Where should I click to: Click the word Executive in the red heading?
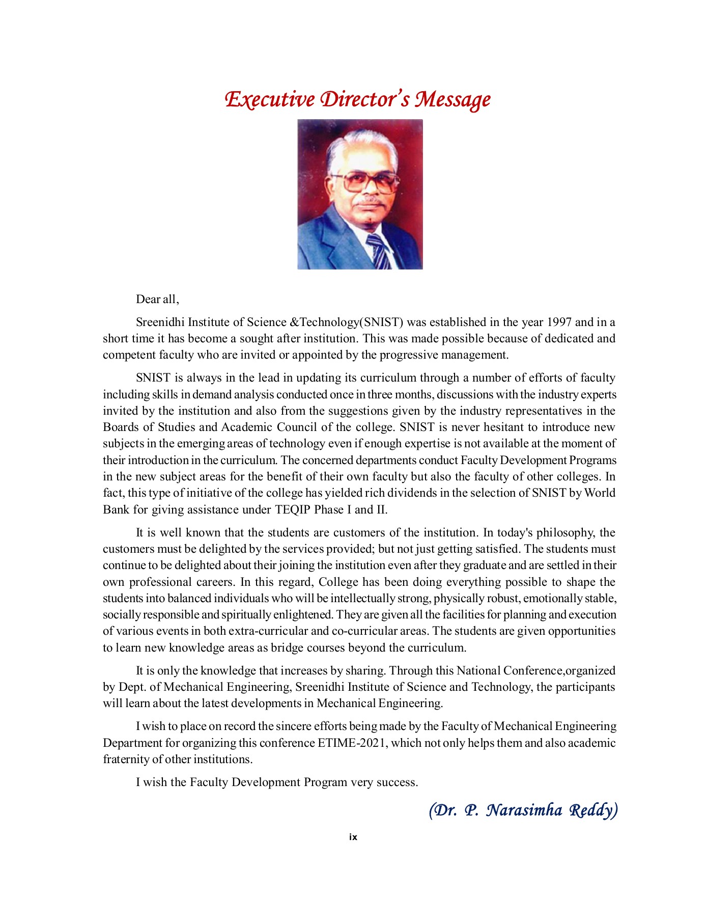click(x=270, y=99)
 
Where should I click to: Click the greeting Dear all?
click(x=157, y=300)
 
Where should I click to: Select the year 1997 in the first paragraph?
click(x=559, y=322)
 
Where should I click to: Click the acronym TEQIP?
click(x=293, y=510)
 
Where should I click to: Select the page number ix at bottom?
click(x=353, y=837)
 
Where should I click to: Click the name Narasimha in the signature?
click(x=524, y=810)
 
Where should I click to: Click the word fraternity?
click(x=126, y=760)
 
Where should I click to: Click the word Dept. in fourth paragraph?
click(x=132, y=687)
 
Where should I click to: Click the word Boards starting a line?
click(x=119, y=427)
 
